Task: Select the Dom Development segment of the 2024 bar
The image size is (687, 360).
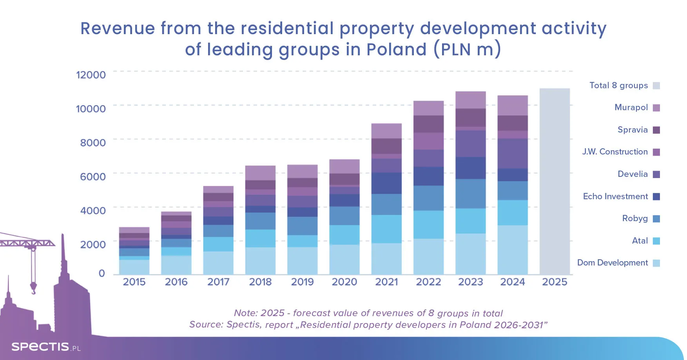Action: point(513,250)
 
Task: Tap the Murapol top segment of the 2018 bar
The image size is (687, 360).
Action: point(260,173)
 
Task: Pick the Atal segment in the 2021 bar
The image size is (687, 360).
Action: point(386,229)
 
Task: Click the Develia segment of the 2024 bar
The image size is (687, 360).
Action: point(513,154)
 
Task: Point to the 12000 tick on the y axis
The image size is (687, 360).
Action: point(91,75)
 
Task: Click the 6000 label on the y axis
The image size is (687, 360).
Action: point(93,176)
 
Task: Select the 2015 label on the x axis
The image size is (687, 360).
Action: point(134,282)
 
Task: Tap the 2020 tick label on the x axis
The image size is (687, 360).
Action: point(344,282)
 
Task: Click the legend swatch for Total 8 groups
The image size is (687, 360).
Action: point(656,85)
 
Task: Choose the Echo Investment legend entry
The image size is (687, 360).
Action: point(615,196)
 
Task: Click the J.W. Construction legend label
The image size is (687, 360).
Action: point(615,152)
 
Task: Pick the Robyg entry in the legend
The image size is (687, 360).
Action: point(635,218)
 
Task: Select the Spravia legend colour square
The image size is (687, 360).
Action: point(656,130)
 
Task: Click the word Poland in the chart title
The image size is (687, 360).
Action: point(396,50)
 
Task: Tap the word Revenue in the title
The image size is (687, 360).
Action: point(118,29)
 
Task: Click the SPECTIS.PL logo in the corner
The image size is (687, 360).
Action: point(46,347)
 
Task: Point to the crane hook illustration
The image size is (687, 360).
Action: point(33,288)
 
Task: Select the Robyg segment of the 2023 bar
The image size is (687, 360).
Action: point(471,194)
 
